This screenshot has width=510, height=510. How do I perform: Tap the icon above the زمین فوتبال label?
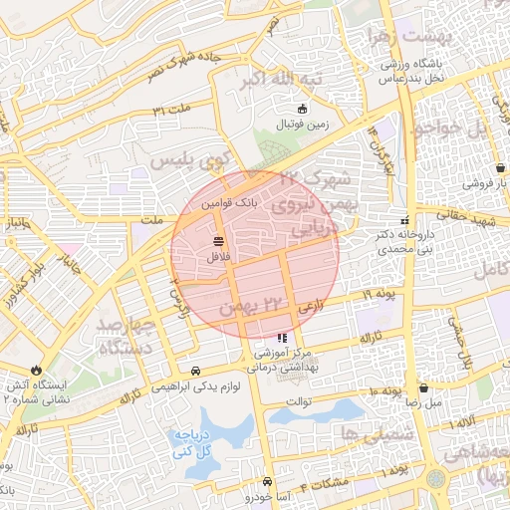304,109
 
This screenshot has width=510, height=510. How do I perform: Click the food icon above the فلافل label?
218,242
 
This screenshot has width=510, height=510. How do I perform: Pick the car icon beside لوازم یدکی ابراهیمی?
194,369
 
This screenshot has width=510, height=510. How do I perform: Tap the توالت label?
299,402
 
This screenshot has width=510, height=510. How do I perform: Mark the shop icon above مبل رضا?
424,388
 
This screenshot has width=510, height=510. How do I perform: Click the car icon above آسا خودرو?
267,482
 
